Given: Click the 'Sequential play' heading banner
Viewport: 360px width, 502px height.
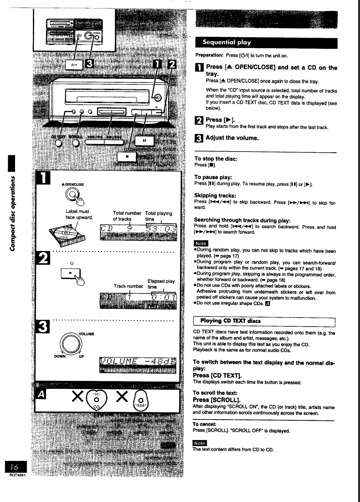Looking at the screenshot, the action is coord(227,42).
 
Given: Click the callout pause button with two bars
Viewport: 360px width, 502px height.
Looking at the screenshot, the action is coord(144,141).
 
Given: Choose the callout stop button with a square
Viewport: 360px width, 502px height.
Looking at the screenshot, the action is coord(126,156).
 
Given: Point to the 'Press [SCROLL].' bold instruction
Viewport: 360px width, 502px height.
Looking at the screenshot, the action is coord(216,400).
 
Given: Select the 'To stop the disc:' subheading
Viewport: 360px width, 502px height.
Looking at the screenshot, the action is coord(215,159).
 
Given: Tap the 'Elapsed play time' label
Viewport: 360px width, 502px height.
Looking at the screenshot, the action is coord(161,284).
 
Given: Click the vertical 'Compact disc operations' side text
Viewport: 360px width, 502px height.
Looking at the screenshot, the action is coord(13,201).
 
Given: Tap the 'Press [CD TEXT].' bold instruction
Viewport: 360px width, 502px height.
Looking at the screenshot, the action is coord(217,375).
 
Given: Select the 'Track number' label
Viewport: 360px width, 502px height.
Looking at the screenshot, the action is coord(128,286).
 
